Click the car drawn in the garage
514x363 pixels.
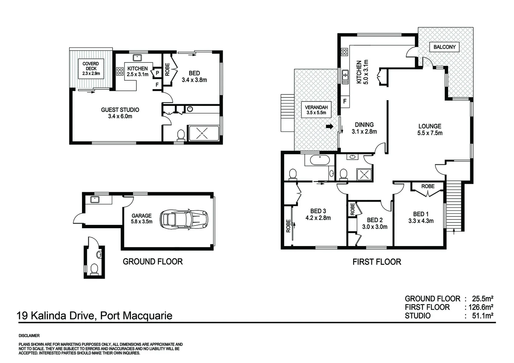(x=184, y=219)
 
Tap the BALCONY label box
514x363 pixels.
(x=444, y=47)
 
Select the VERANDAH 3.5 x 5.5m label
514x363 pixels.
(x=316, y=110)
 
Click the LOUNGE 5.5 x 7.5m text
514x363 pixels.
(x=430, y=129)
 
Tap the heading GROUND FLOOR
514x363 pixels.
(x=153, y=261)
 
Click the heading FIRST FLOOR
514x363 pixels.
(x=377, y=262)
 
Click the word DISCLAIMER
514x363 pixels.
(x=29, y=336)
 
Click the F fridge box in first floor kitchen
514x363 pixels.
(x=345, y=101)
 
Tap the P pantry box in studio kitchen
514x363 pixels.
(x=157, y=73)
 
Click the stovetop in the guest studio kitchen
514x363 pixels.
(x=120, y=71)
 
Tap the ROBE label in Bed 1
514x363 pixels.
(x=428, y=186)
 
